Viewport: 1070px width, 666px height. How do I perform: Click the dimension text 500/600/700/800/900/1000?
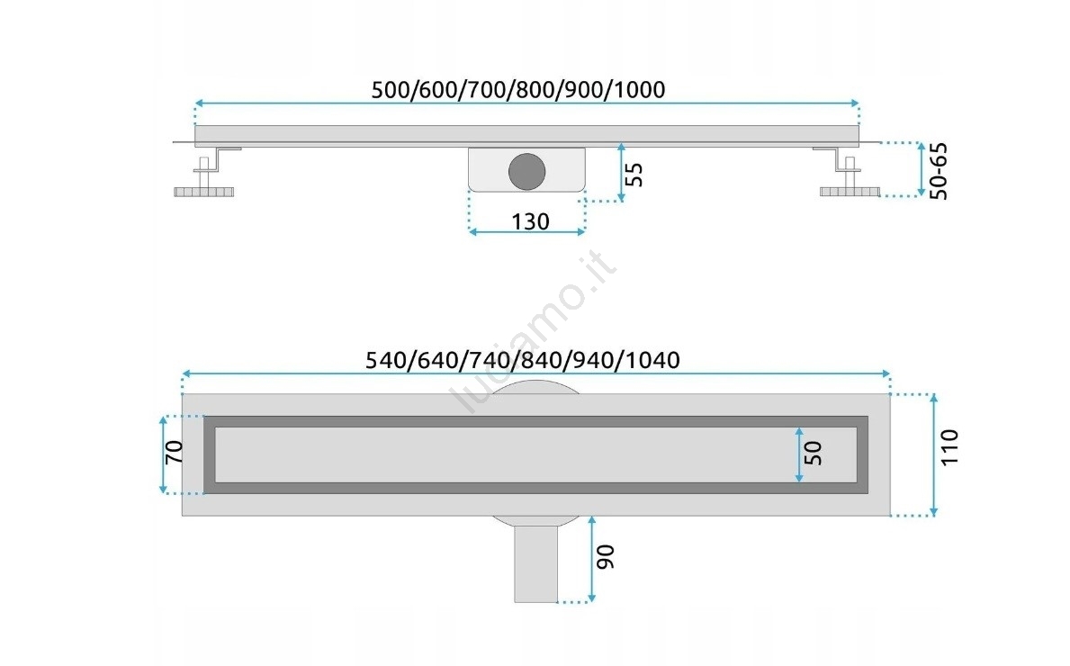click(x=518, y=89)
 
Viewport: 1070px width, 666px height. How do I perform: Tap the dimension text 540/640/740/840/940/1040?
click(x=523, y=360)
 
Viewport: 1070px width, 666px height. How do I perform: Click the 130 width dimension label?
click(x=530, y=221)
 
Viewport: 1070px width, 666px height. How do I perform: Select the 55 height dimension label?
click(x=634, y=175)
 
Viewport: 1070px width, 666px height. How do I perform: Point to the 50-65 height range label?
click(x=939, y=171)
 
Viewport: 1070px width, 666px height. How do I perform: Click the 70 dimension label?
click(x=174, y=452)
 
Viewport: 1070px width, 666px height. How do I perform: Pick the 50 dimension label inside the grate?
click(x=814, y=453)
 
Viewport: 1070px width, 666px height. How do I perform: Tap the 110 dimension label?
click(x=949, y=447)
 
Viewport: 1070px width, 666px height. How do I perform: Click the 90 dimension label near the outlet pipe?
click(x=606, y=557)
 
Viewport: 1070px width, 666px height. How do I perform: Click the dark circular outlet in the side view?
click(x=526, y=171)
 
